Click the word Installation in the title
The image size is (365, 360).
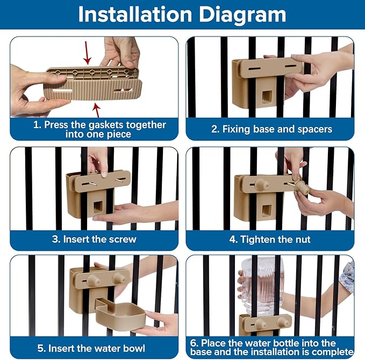tap(135, 15)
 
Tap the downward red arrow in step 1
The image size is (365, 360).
tap(87, 53)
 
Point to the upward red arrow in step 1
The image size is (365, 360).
tap(97, 110)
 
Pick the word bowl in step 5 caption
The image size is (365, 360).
tap(134, 348)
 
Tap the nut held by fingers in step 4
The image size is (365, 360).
tap(302, 188)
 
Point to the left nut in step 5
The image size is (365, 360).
tap(94, 280)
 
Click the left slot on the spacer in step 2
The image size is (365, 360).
tap(254, 69)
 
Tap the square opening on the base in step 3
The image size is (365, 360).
tap(97, 207)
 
